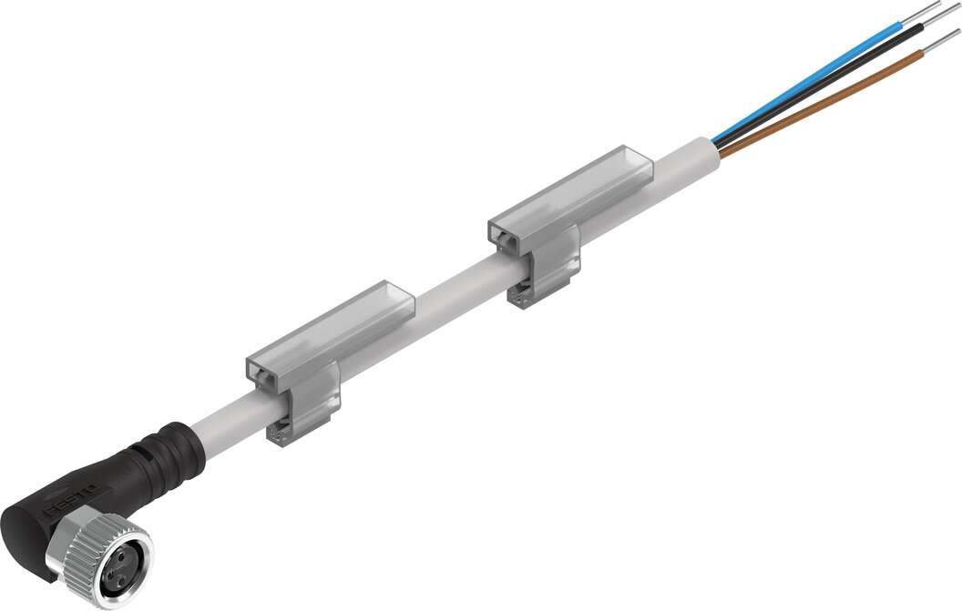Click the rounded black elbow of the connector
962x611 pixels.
41,524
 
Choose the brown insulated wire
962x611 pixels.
820,105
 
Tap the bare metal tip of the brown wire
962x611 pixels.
942,41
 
